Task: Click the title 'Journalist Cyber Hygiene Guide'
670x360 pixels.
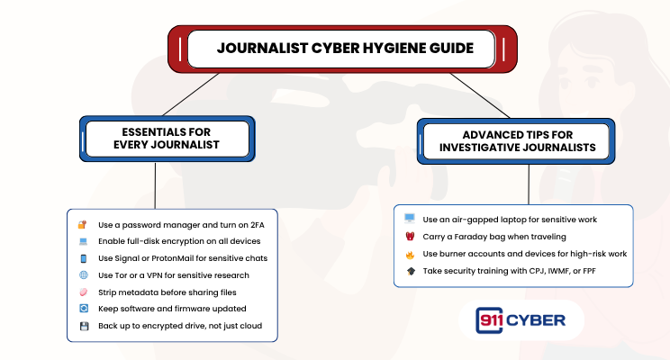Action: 344,48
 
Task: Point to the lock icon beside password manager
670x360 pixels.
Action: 82,224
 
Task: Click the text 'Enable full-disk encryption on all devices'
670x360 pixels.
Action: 179,241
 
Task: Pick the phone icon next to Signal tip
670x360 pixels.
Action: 82,258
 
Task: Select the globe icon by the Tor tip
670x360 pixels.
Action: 82,274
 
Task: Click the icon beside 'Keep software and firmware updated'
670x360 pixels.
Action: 82,309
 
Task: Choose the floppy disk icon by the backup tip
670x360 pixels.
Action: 82,325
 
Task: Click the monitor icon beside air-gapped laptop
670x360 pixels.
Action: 410,219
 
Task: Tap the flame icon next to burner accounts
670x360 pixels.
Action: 410,254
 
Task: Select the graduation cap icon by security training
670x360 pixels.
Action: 410,271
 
